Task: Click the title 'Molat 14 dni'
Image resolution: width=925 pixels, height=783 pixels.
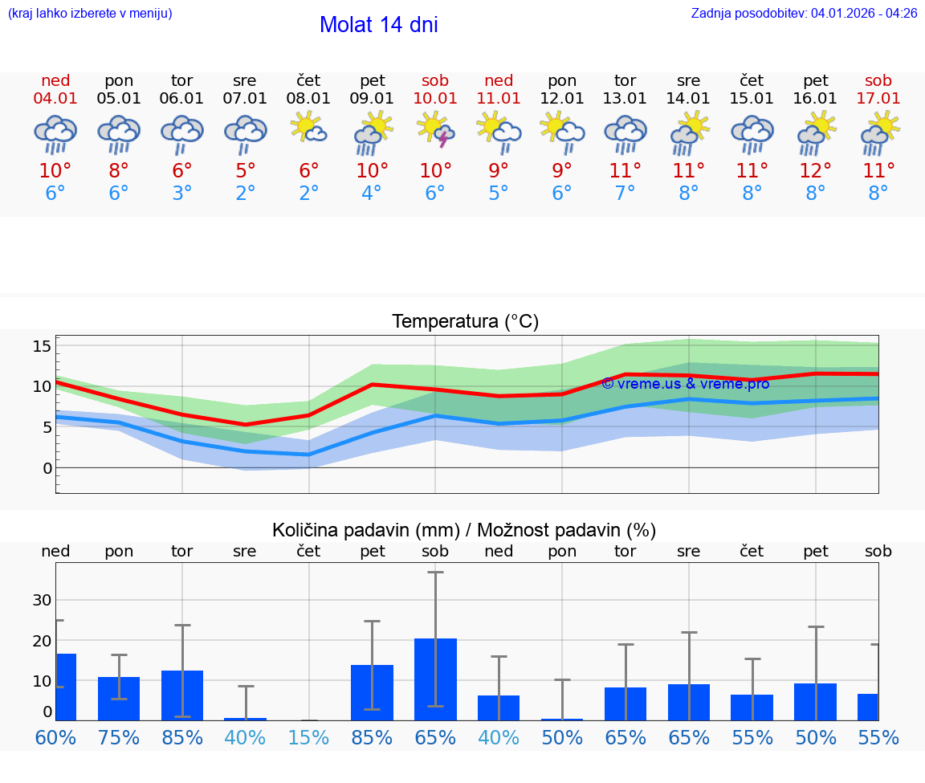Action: click(378, 25)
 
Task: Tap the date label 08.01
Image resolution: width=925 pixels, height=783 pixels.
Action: click(308, 99)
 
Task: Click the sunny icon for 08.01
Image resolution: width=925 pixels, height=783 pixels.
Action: click(308, 128)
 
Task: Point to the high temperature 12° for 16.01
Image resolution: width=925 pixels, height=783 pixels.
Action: click(816, 171)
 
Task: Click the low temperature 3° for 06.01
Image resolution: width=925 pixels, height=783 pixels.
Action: click(182, 194)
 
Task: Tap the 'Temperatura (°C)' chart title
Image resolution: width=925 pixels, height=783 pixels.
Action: click(465, 322)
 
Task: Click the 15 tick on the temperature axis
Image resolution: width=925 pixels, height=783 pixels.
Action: click(42, 346)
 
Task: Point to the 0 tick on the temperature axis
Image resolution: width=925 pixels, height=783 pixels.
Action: click(47, 467)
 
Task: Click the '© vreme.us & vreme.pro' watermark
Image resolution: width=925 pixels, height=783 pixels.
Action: click(685, 384)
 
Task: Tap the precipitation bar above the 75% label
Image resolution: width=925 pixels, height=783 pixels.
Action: click(119, 698)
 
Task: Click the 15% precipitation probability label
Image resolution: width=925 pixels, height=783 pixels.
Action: click(308, 738)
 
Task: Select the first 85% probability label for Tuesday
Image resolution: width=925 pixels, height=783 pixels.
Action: click(182, 738)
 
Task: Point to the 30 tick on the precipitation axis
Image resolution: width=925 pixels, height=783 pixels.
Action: click(42, 600)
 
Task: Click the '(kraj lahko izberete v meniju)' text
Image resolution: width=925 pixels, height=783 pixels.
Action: click(90, 13)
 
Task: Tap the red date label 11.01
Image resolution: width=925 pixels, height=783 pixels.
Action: click(499, 99)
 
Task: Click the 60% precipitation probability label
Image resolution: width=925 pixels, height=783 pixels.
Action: click(55, 738)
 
